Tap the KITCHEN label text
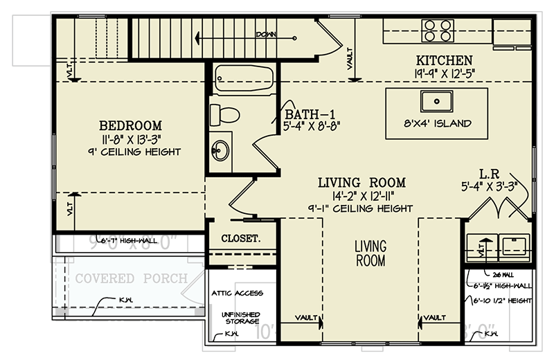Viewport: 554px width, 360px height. tap(443, 60)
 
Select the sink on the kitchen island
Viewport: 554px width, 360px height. tap(438, 101)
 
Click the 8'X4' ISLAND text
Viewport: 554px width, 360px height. tap(437, 124)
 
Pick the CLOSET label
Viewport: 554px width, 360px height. tap(241, 239)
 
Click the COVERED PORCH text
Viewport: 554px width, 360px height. tap(132, 278)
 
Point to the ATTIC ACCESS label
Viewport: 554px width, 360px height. tap(238, 294)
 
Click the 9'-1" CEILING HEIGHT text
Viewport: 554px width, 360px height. tap(361, 208)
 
